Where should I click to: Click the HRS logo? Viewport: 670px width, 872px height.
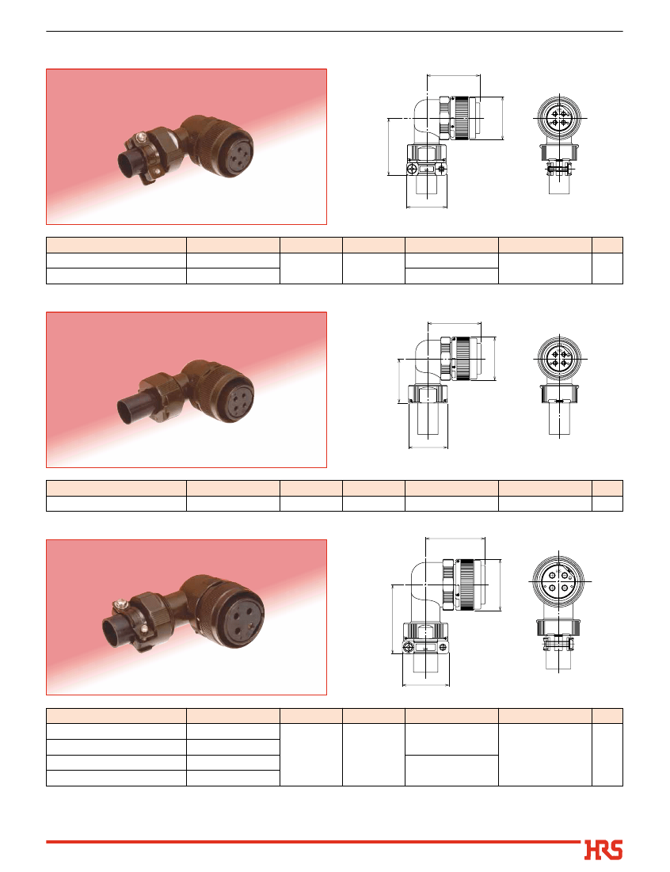[x=603, y=850]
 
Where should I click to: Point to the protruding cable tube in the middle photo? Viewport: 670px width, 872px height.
[x=133, y=408]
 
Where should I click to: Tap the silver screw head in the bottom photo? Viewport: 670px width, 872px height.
[x=119, y=604]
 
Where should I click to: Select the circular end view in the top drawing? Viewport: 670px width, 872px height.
[x=559, y=119]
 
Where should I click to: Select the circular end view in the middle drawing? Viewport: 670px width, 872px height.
[x=559, y=359]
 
